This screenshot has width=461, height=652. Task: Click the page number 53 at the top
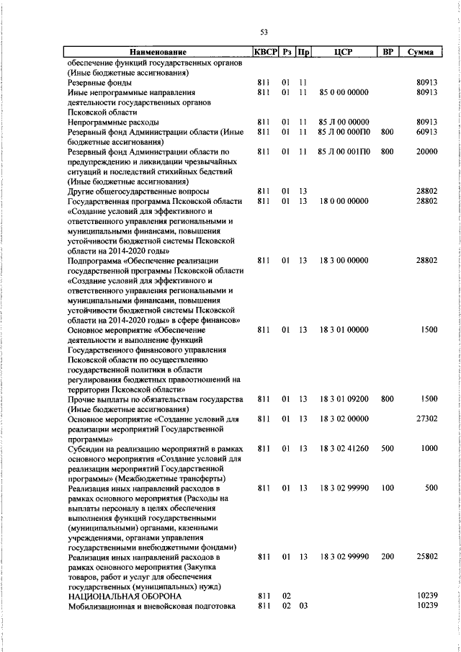coord(264,32)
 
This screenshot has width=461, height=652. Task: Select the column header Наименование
coord(158,53)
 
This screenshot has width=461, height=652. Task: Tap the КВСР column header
coord(264,53)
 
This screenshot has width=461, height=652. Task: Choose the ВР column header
coord(388,53)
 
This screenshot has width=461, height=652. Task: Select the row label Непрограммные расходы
coord(102,122)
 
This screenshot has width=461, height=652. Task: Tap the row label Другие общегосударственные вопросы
coord(138,192)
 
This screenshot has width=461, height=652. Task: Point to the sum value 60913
coord(426,133)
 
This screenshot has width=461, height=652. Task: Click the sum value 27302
coord(426,418)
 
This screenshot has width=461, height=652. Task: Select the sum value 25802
coord(426,557)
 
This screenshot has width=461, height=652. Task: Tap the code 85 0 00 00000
coord(344,93)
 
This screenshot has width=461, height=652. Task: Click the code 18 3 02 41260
coord(344,448)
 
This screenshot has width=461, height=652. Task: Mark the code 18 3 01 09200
coord(344,398)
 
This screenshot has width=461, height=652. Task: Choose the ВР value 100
coord(388,488)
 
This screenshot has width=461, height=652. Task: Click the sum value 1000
coord(429,448)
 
